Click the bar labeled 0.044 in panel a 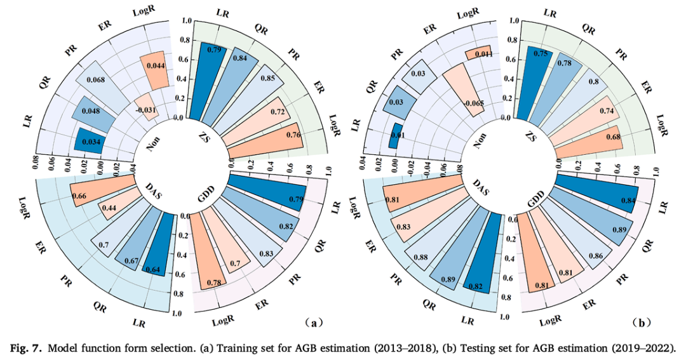(x=154, y=67)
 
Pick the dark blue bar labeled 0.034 (x=90, y=141)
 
